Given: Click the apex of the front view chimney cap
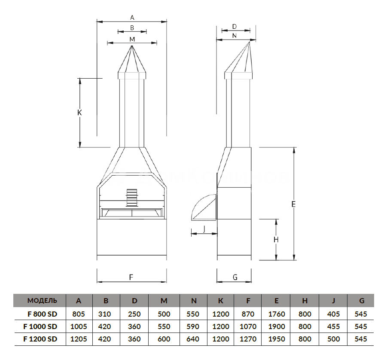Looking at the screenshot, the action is tap(132, 46).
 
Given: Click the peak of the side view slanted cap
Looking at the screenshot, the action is tap(249, 42).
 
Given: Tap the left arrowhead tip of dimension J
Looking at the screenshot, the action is tap(191, 233).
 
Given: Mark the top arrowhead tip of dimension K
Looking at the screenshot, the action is tap(80, 79).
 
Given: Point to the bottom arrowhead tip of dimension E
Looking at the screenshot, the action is tap(294, 260).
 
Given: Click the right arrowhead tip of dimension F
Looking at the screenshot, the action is tap(167, 282).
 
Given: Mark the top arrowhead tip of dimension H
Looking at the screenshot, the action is tap(276, 219).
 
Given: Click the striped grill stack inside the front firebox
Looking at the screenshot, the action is tap(132, 198).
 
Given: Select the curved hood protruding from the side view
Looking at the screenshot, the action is tap(204, 207).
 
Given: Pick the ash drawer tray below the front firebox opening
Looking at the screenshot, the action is tap(132, 213).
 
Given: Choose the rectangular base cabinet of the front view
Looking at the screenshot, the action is tap(132, 237).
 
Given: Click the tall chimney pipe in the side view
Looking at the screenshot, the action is tap(238, 113).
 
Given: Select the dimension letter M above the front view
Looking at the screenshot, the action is tap(132, 39).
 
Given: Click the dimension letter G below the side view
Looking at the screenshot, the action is tap(235, 277).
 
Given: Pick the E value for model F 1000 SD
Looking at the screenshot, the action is tap(277, 326).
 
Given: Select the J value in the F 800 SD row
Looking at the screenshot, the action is tap(333, 314).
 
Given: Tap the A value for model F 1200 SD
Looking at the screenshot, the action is tap(79, 339).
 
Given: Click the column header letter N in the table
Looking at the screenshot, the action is tap(194, 301).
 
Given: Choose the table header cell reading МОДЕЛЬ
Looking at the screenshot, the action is tap(42, 300).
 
